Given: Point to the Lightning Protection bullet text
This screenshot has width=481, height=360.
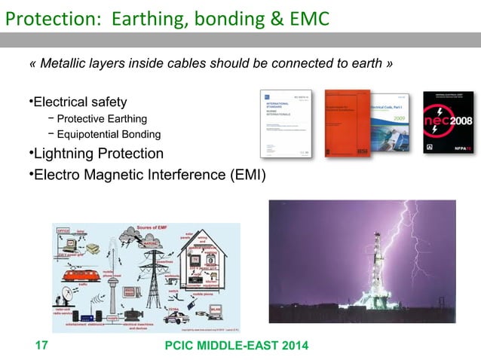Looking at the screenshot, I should (x=97, y=154).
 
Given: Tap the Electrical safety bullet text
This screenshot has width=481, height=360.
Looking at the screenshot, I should (x=79, y=102).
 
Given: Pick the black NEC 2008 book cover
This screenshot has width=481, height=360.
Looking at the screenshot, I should (x=449, y=124).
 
